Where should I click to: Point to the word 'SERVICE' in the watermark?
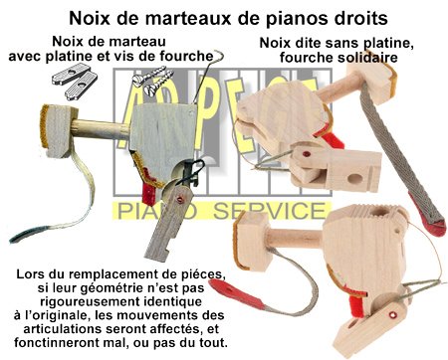point(268,210)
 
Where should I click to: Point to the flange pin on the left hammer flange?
point(180,200)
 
